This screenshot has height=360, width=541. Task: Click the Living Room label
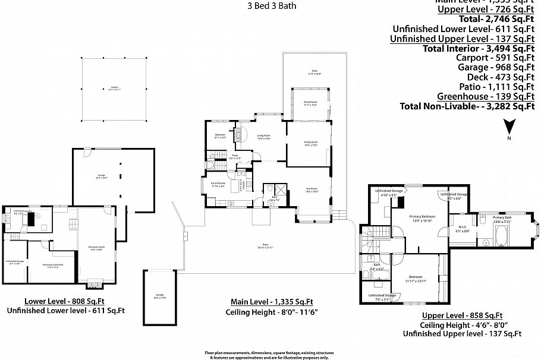[x=263, y=138]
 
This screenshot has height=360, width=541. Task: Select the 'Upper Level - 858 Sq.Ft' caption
[x=462, y=315]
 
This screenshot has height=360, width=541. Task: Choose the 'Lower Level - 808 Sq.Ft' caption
[x=65, y=300]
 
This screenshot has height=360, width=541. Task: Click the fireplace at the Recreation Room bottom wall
[x=94, y=284]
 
